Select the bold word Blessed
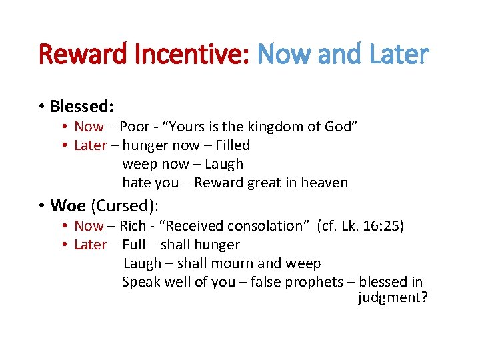pos(80,106)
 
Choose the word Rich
pos(133,226)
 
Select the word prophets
pos(313,282)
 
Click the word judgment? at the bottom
pos(393,297)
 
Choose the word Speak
pos(140,282)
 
